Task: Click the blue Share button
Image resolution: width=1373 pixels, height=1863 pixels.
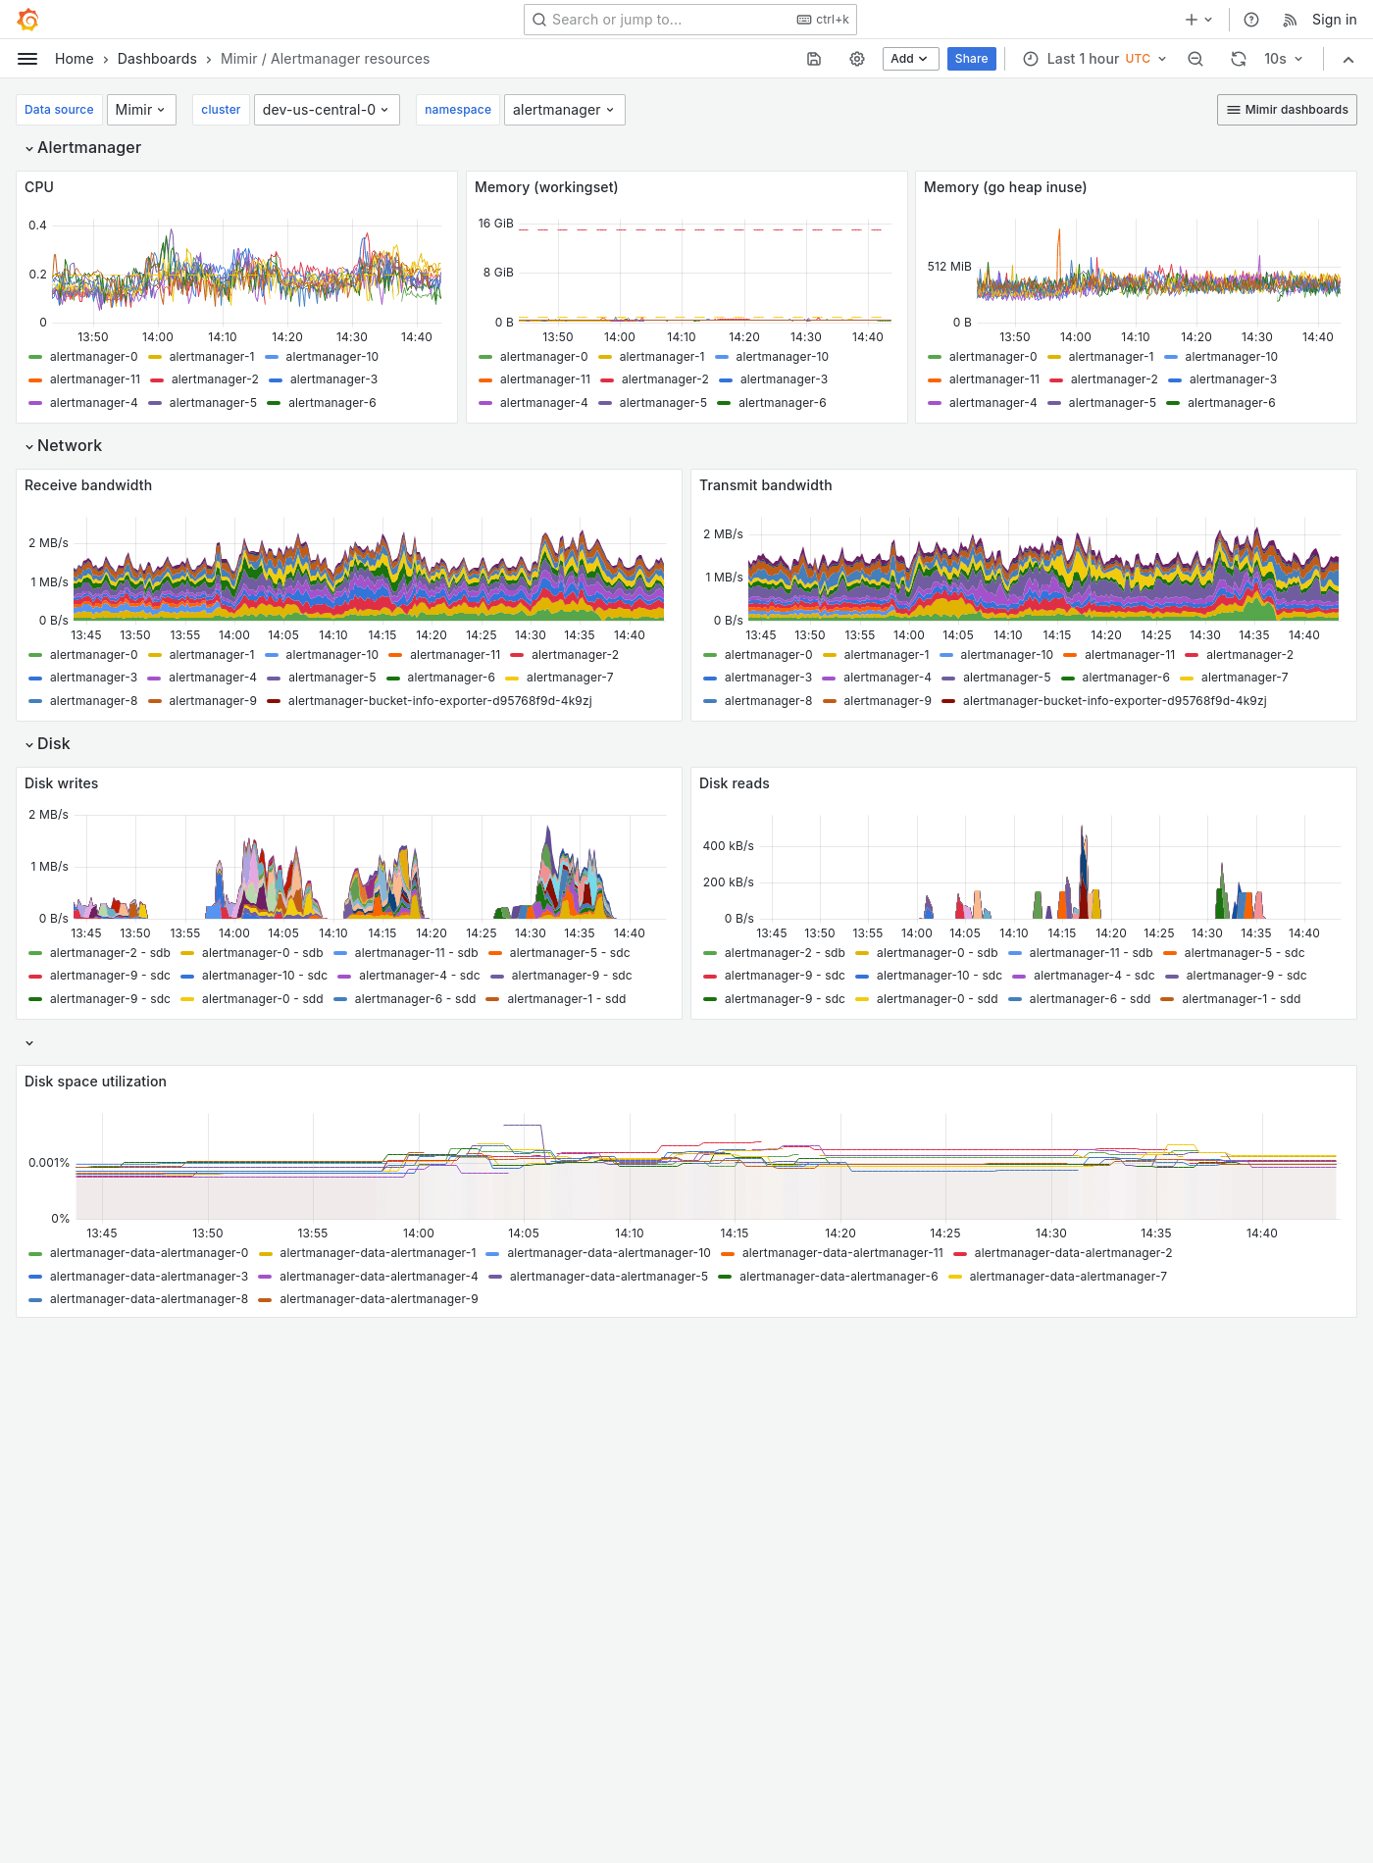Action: (971, 59)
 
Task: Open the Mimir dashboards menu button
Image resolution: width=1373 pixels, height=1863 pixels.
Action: (1287, 110)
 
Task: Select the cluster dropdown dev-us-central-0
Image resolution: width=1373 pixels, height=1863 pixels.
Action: (325, 110)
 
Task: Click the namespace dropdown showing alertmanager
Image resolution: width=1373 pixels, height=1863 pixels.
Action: (563, 110)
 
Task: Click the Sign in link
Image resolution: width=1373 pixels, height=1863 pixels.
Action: (1334, 20)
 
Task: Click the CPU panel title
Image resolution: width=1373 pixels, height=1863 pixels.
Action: (39, 187)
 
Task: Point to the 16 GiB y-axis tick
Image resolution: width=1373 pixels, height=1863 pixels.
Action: (495, 224)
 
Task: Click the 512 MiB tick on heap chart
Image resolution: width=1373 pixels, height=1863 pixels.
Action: (948, 267)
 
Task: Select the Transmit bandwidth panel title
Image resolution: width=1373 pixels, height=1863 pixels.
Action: (765, 485)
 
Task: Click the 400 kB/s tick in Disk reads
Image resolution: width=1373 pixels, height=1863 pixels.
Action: (728, 846)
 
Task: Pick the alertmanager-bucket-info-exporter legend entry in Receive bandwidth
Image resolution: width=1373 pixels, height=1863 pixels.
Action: (439, 701)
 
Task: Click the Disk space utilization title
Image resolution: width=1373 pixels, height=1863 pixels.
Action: (95, 1082)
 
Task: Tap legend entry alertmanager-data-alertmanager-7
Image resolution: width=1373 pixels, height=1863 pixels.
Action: (1067, 1277)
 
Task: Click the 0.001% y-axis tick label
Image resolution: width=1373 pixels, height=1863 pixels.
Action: (49, 1163)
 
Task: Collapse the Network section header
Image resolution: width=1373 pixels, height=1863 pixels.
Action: (69, 446)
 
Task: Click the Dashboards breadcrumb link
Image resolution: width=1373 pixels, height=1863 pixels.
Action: (157, 59)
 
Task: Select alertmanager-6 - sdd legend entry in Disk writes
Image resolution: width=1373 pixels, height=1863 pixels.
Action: (414, 999)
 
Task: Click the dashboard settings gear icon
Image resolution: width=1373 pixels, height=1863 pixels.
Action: (857, 59)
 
